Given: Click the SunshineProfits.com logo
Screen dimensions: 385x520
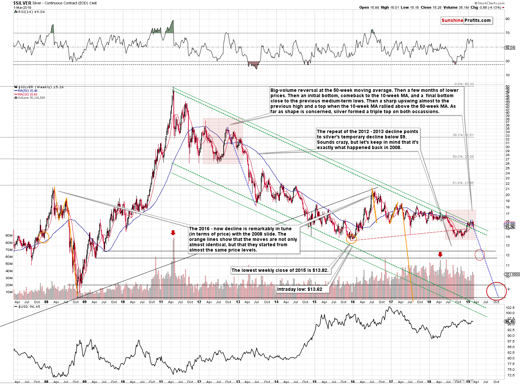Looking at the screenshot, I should (466, 20).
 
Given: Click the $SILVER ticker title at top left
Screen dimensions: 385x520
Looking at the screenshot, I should (22, 3).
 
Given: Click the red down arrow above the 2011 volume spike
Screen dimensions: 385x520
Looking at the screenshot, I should (173, 233).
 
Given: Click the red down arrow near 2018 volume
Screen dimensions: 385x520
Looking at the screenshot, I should (440, 254).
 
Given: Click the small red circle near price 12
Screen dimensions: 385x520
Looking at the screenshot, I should (479, 255).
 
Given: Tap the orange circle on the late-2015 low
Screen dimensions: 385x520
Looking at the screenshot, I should (352, 238).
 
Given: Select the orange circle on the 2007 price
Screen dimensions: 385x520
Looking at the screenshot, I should (44, 237).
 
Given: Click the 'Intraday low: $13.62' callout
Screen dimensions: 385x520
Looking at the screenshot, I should (299, 289).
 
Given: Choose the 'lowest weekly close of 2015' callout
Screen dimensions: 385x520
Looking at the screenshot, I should (280, 270).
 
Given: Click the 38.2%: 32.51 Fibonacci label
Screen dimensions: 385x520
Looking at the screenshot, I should (463, 135).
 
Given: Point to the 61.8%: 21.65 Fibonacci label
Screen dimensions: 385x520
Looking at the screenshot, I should (463, 183).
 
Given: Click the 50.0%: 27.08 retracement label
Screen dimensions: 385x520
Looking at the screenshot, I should (463, 157).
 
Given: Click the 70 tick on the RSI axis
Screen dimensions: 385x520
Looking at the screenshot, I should (507, 33).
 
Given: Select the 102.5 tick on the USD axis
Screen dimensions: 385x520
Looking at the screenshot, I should (510, 308).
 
